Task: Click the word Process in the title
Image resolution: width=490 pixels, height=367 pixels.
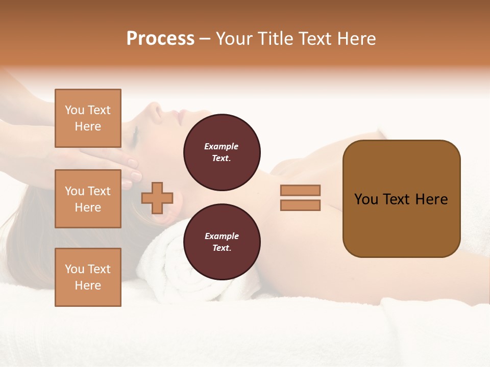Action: [x=160, y=39]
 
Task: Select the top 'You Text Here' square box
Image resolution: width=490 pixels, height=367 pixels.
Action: [x=88, y=118]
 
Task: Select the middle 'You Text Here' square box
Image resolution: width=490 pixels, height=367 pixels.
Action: [x=88, y=199]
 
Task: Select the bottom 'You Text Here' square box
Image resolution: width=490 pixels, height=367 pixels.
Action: [x=88, y=277]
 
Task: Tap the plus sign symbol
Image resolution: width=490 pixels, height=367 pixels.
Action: [x=157, y=198]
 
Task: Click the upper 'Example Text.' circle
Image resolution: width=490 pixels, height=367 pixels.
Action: [x=222, y=152]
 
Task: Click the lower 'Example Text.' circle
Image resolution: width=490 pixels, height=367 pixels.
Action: [x=222, y=242]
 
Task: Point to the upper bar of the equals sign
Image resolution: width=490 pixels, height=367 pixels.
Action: [x=300, y=190]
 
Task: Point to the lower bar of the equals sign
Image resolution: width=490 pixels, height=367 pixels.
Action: [x=300, y=205]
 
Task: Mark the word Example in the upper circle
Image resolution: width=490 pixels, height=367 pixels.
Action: [x=222, y=146]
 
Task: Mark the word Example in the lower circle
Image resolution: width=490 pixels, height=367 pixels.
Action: [x=222, y=236]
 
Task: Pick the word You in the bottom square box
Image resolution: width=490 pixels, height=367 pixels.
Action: [x=74, y=269]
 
